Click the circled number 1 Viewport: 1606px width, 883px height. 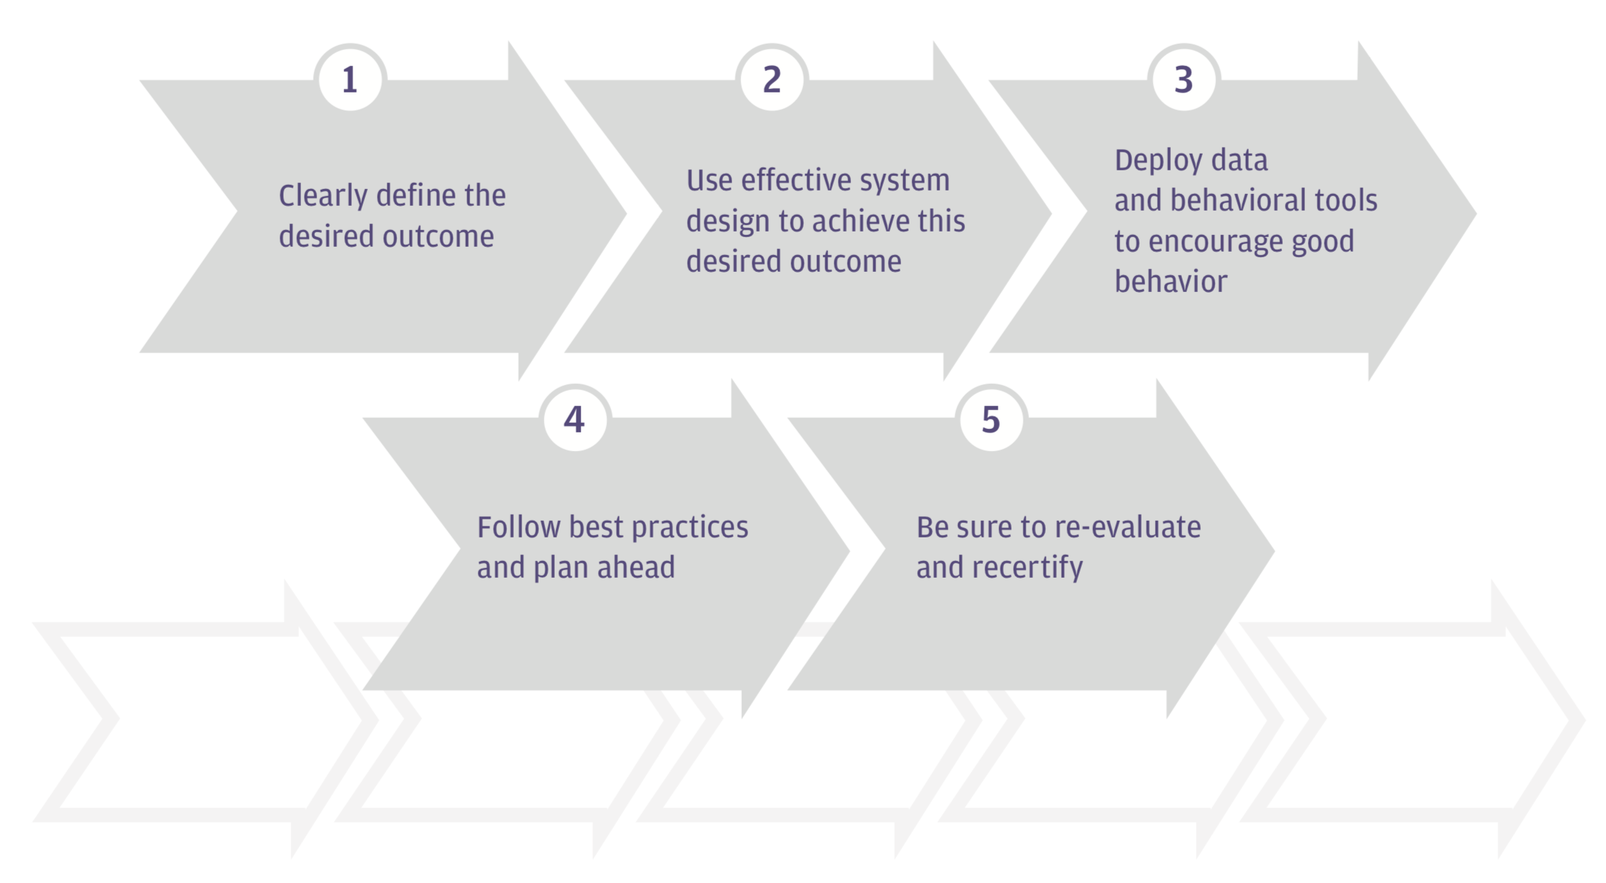(x=350, y=79)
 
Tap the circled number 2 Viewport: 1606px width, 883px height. (x=772, y=79)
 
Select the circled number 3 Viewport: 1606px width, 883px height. (x=1184, y=79)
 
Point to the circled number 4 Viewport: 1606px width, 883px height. (x=575, y=419)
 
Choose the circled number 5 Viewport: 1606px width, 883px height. (x=991, y=419)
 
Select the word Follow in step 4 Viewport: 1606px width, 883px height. (x=519, y=527)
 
